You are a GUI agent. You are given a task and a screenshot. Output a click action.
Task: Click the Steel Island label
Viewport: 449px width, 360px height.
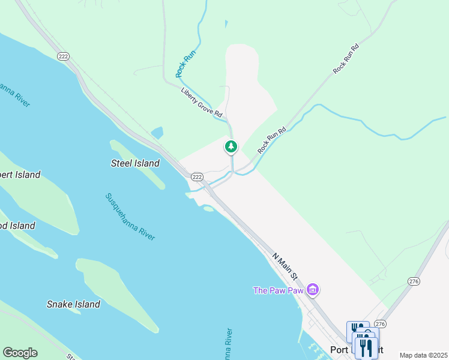(136, 163)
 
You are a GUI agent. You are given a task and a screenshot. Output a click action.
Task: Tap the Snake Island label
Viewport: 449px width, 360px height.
(73, 304)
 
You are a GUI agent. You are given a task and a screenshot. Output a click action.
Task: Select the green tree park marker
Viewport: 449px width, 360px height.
(231, 146)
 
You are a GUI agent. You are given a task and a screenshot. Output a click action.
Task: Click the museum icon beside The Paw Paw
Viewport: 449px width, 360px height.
(312, 290)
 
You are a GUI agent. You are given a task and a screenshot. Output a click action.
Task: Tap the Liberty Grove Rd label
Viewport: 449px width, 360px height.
(202, 103)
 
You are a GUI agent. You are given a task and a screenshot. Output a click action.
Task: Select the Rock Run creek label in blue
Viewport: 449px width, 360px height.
(186, 64)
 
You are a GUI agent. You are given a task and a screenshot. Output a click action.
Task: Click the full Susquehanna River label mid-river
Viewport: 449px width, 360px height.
(130, 217)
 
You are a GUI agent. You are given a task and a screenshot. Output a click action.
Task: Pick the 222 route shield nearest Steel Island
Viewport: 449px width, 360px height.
(197, 177)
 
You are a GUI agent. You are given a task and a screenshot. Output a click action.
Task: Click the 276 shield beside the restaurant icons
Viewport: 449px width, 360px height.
(380, 323)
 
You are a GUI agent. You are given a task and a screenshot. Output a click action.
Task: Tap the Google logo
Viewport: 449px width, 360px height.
(20, 353)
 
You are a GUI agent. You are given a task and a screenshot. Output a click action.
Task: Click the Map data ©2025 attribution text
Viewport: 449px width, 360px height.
(423, 355)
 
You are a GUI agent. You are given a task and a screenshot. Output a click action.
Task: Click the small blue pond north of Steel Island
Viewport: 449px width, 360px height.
(157, 132)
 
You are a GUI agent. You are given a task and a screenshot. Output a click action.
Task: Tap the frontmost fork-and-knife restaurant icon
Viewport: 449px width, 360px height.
(366, 348)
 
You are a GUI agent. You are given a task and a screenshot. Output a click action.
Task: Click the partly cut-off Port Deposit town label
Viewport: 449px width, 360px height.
(342, 350)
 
